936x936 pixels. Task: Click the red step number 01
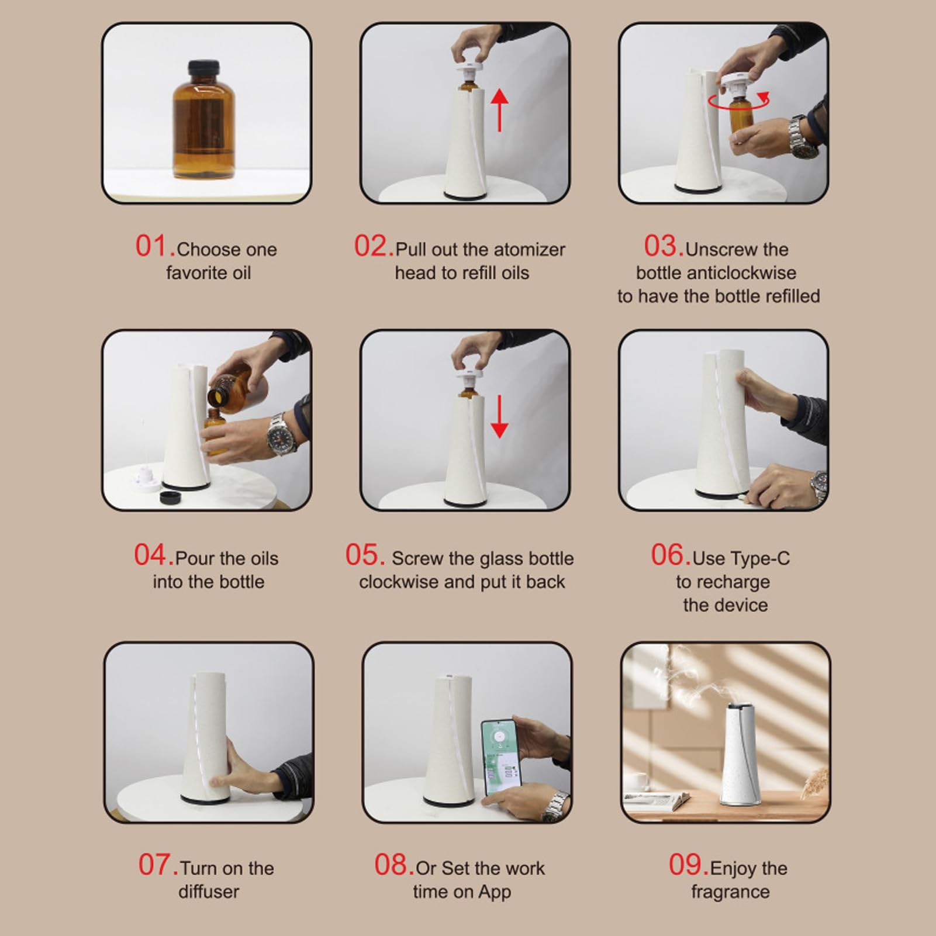(x=155, y=246)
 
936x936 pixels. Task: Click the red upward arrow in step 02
(x=499, y=109)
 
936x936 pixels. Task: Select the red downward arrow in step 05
(x=499, y=417)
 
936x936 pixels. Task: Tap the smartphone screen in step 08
(x=499, y=757)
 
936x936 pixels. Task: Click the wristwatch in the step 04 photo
(x=281, y=434)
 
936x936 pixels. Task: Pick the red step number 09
(x=688, y=865)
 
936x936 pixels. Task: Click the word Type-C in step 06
(x=741, y=559)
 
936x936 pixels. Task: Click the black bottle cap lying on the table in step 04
(x=170, y=498)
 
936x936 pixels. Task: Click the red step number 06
(x=671, y=555)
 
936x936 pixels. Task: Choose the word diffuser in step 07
(x=209, y=892)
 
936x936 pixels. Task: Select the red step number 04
(x=154, y=555)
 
